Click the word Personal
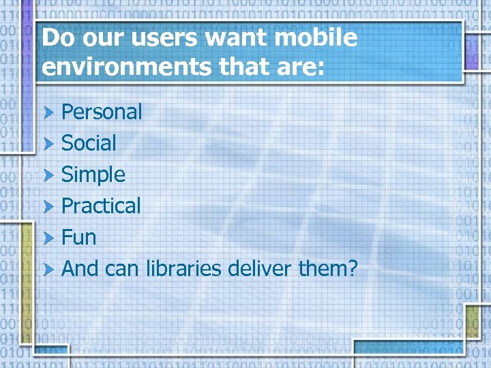(x=102, y=112)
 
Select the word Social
(x=89, y=143)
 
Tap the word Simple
(x=93, y=175)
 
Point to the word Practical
(x=101, y=206)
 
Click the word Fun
(x=78, y=237)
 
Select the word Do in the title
(x=56, y=38)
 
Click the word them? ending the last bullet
(x=328, y=269)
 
